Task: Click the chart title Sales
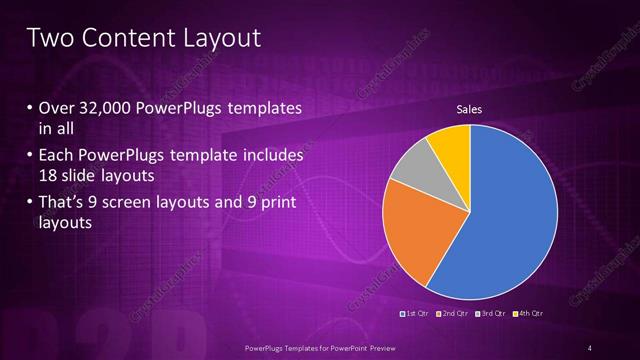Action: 470,109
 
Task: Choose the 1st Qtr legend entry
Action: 415,314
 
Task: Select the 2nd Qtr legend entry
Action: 453,314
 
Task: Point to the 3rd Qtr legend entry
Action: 491,314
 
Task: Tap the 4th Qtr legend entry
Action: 528,314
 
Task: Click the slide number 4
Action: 591,347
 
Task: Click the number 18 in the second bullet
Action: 48,177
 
